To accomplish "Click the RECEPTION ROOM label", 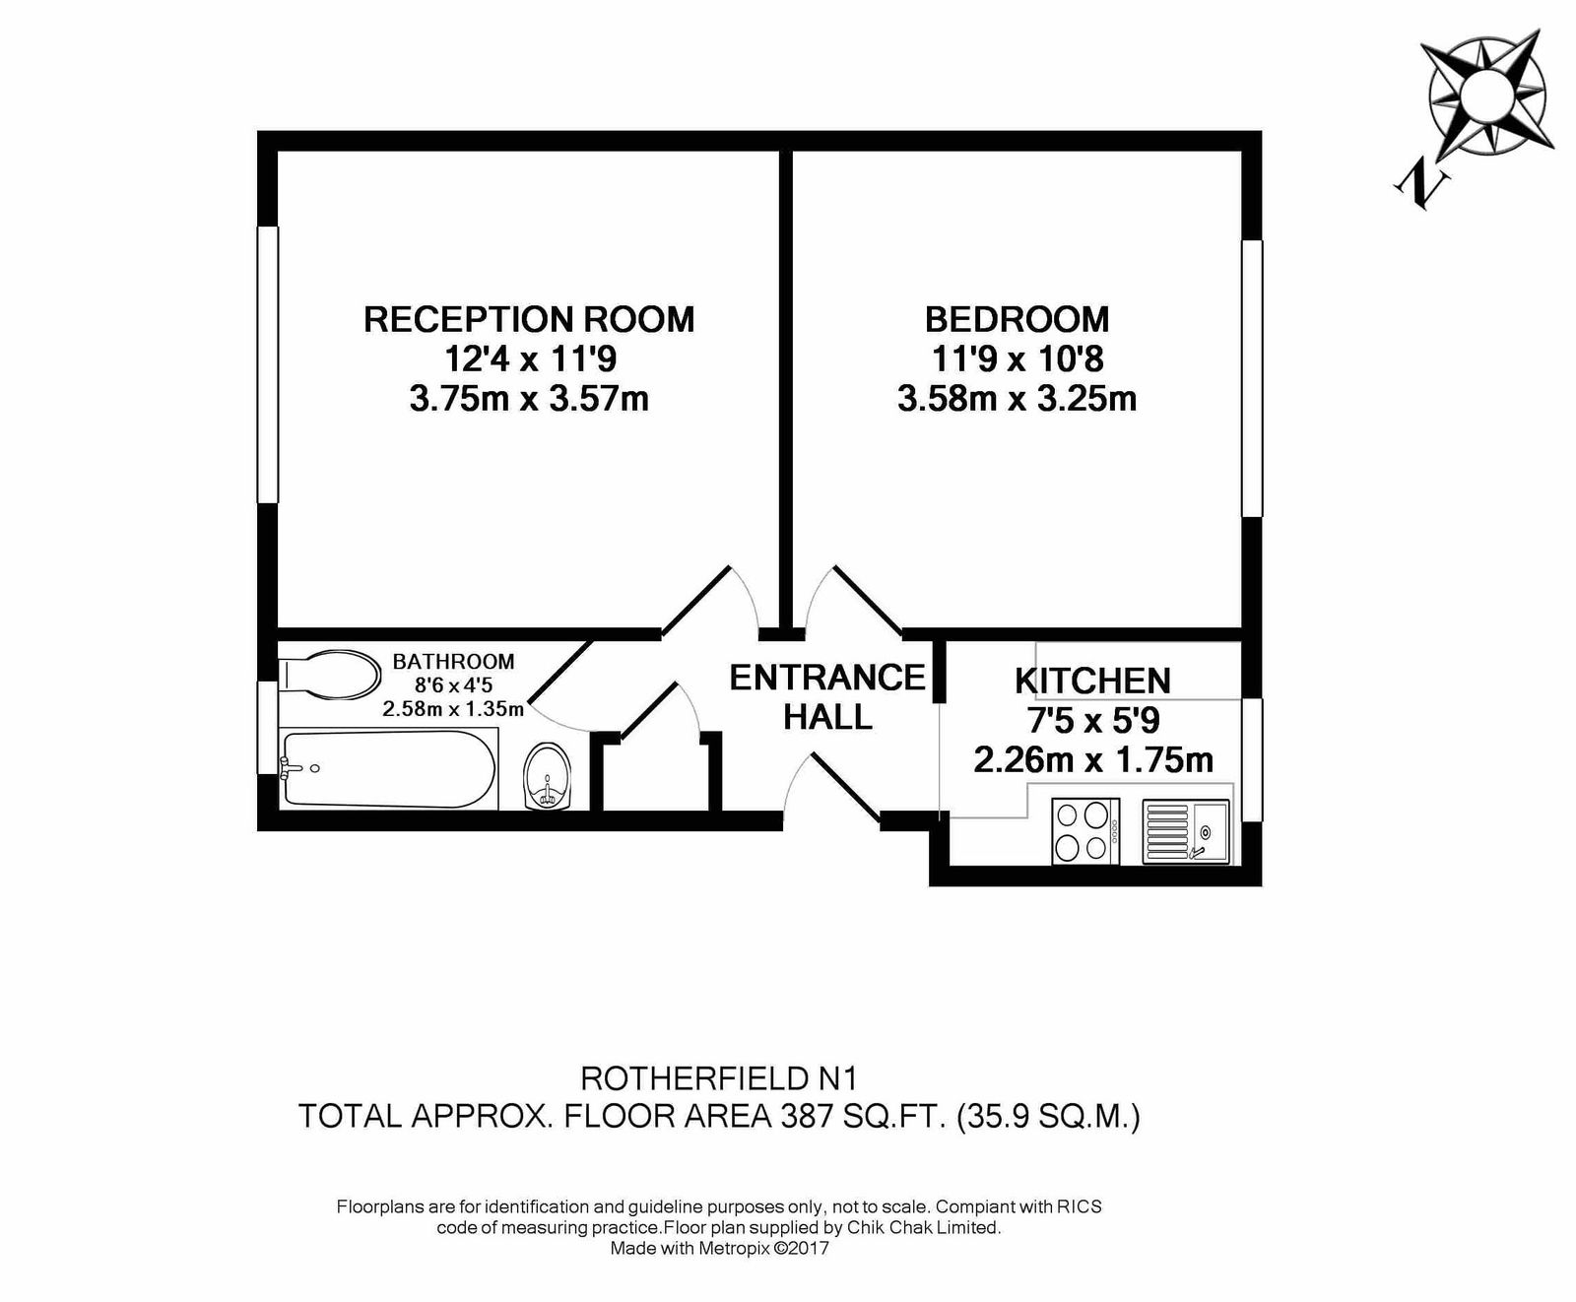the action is [529, 319].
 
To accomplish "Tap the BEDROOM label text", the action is [1018, 319].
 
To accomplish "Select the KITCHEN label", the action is [1092, 681].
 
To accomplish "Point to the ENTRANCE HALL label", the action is [827, 697].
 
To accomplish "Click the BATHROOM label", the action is [453, 662].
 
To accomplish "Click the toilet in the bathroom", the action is [331, 675].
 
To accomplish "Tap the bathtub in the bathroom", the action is [388, 768].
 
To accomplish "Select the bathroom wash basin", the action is [548, 776].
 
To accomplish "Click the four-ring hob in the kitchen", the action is [1085, 830].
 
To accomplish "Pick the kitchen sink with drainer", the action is [1186, 831].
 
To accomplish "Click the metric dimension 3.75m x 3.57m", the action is [529, 399].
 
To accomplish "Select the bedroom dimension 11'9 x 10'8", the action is [1018, 358].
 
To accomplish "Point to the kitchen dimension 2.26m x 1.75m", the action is [1093, 760].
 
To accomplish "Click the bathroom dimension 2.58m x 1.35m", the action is [453, 708].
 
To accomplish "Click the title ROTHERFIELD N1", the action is [719, 1078].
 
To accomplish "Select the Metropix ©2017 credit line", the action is [720, 1249].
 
